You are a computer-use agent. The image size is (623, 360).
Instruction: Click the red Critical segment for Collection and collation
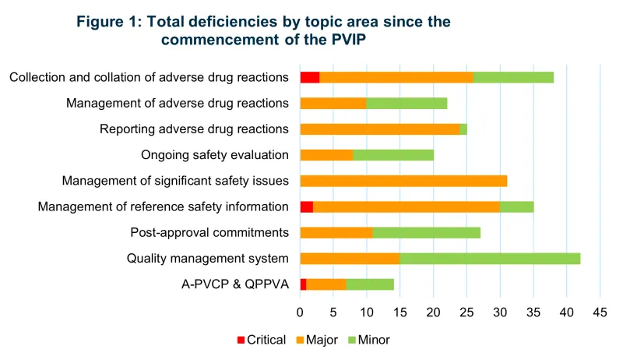[x=310, y=77]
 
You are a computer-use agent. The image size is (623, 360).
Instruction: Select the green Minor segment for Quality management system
[x=490, y=259]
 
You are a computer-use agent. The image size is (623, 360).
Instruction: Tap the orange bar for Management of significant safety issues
[x=403, y=181]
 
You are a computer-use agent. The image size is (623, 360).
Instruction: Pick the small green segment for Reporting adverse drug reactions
[x=463, y=129]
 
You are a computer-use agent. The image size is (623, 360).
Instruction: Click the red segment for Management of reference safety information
[x=307, y=206]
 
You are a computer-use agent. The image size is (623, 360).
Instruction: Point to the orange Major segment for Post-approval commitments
[x=336, y=232]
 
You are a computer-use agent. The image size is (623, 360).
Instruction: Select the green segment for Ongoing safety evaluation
[x=393, y=154]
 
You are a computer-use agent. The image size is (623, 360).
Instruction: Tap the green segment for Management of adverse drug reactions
[x=407, y=103]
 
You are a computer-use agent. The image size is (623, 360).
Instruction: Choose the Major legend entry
[x=320, y=340]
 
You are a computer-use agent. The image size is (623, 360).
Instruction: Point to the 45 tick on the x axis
[x=599, y=312]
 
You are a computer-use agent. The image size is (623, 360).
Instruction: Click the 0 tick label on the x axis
[x=301, y=312]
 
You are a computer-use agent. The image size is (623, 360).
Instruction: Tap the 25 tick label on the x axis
[x=466, y=312]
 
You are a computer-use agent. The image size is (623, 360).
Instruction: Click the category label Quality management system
[x=208, y=259]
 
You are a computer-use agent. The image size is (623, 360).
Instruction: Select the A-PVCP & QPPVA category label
[x=234, y=284]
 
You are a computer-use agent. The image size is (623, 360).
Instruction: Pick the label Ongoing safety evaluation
[x=215, y=154]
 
